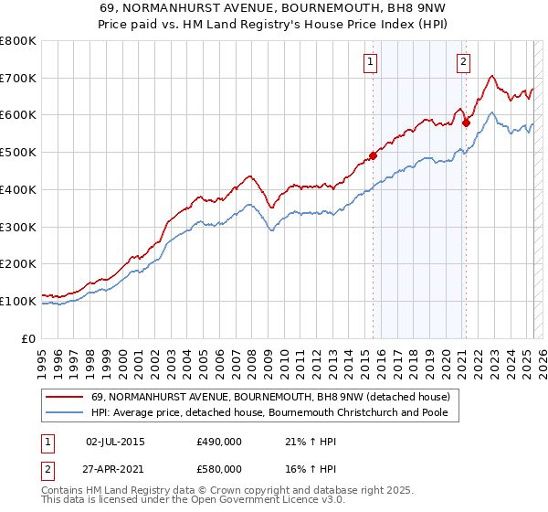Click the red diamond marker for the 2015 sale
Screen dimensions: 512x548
click(373, 155)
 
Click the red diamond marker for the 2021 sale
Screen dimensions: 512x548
click(466, 122)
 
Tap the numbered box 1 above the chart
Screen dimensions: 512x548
click(371, 62)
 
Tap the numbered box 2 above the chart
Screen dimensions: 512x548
click(464, 62)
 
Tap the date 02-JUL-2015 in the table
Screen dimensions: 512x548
click(115, 442)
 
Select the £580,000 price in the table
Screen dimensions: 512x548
click(218, 469)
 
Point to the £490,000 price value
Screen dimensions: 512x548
click(218, 442)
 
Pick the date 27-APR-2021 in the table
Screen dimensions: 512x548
click(115, 469)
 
